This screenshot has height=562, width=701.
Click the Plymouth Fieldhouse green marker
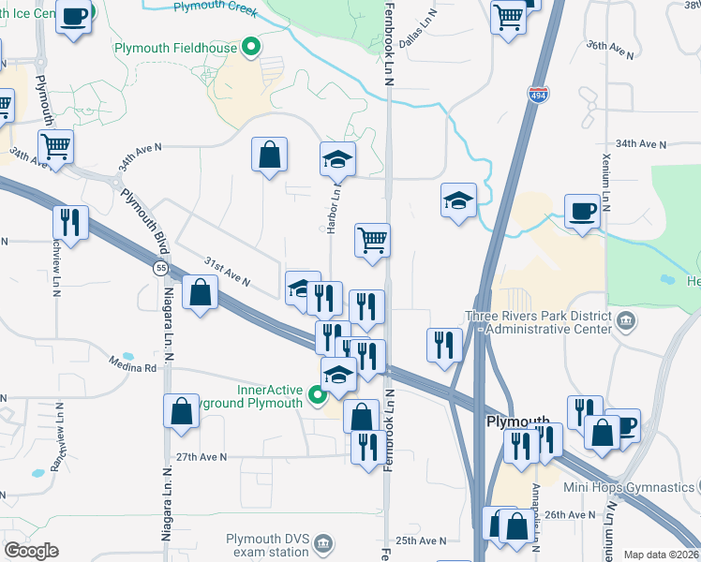click(x=250, y=46)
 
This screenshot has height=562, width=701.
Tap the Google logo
click(x=31, y=550)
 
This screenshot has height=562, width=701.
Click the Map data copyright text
click(x=662, y=555)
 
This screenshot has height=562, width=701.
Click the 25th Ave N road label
click(x=421, y=540)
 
